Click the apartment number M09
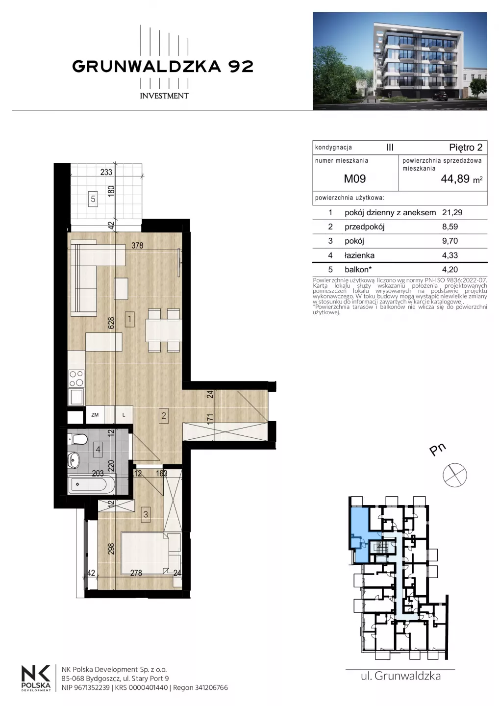(355, 178)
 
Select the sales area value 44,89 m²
(462, 178)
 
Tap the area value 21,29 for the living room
(452, 212)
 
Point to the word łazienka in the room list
(359, 255)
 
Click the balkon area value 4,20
(450, 270)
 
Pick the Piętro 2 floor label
(466, 147)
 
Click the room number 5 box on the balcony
(93, 199)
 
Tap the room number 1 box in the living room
(129, 319)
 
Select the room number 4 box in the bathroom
(98, 450)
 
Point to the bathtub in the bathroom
(91, 484)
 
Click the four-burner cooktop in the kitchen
(76, 378)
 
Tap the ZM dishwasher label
(95, 415)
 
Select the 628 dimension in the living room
(111, 323)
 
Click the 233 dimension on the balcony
(106, 172)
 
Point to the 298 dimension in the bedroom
(111, 549)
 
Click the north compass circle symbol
(454, 475)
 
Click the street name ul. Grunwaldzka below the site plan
(400, 676)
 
